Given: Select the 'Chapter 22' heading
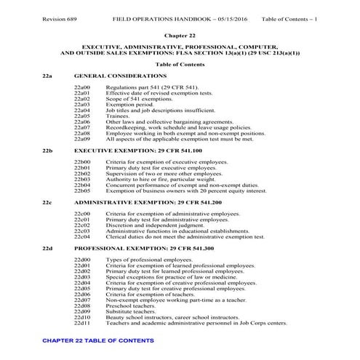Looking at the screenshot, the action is pyautogui.click(x=179, y=34).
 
